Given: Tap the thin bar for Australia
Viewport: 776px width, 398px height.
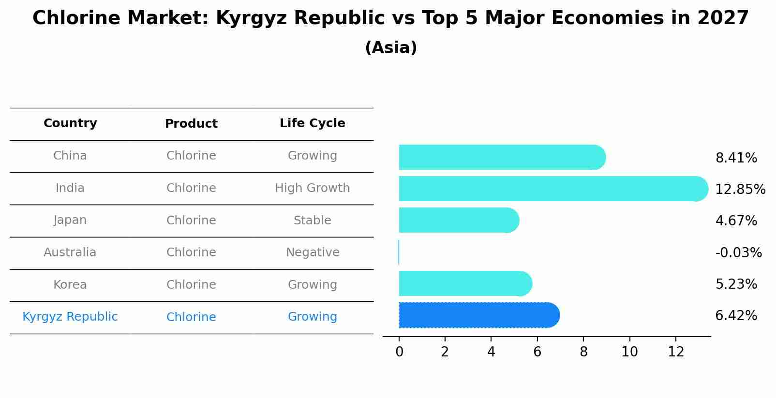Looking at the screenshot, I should tap(399, 252).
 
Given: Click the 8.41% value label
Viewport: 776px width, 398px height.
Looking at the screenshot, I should tap(736, 158).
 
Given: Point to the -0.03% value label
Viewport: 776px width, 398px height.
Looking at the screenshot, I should tap(738, 252).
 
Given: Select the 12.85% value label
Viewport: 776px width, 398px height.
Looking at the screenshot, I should tap(740, 189).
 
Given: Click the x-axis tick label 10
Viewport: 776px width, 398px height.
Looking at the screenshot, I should tap(629, 352).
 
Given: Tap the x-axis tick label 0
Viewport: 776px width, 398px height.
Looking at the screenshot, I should tap(399, 352).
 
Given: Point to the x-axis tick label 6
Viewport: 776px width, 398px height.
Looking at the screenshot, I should tap(537, 352).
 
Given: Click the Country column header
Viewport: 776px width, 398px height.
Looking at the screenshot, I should tap(70, 123).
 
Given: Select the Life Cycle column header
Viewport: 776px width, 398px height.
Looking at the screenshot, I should tap(312, 123).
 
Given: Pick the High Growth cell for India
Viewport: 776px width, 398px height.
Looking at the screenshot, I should tap(312, 188).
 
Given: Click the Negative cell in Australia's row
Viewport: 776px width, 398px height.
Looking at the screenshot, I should tap(313, 252).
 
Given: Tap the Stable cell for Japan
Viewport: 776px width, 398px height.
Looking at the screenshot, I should tap(312, 221).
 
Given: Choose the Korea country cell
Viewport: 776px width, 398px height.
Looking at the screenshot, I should tap(70, 285).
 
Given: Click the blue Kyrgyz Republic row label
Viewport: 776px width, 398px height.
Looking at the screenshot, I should tap(70, 317).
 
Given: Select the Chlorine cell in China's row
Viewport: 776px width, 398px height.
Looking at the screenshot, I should tap(191, 156).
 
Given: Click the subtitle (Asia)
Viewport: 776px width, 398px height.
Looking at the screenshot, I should tap(391, 48).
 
